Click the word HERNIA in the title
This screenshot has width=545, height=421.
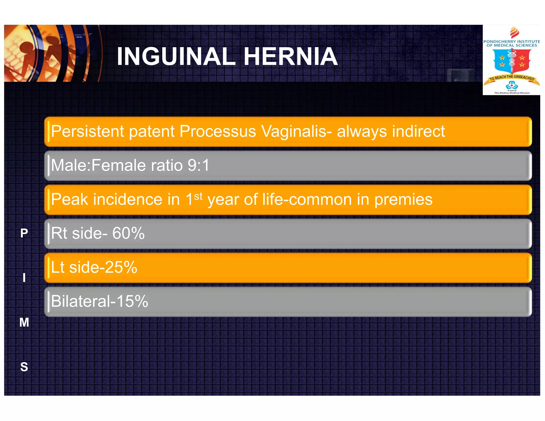pos(291,56)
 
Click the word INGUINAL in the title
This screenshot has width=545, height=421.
pos(176,56)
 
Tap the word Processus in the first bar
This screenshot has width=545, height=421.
pos(218,131)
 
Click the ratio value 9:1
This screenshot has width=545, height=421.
pos(199,165)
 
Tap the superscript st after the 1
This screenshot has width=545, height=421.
pos(198,196)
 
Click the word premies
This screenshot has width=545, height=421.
pos(403,200)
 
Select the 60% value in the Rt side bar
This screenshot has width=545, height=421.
pos(128,233)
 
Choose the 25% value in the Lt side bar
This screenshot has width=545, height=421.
pos(121,267)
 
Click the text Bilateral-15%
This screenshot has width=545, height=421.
pos(99,301)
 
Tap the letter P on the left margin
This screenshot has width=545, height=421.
pos(24,233)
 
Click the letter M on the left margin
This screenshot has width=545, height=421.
pos(24,322)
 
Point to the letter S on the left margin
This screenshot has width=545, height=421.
pos(24,367)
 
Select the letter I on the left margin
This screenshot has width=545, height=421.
pos(24,278)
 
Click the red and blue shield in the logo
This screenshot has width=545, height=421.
pos(511,61)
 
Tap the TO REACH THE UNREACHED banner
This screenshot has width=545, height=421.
pos(511,78)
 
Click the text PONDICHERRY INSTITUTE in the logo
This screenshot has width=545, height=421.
pos(511,42)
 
